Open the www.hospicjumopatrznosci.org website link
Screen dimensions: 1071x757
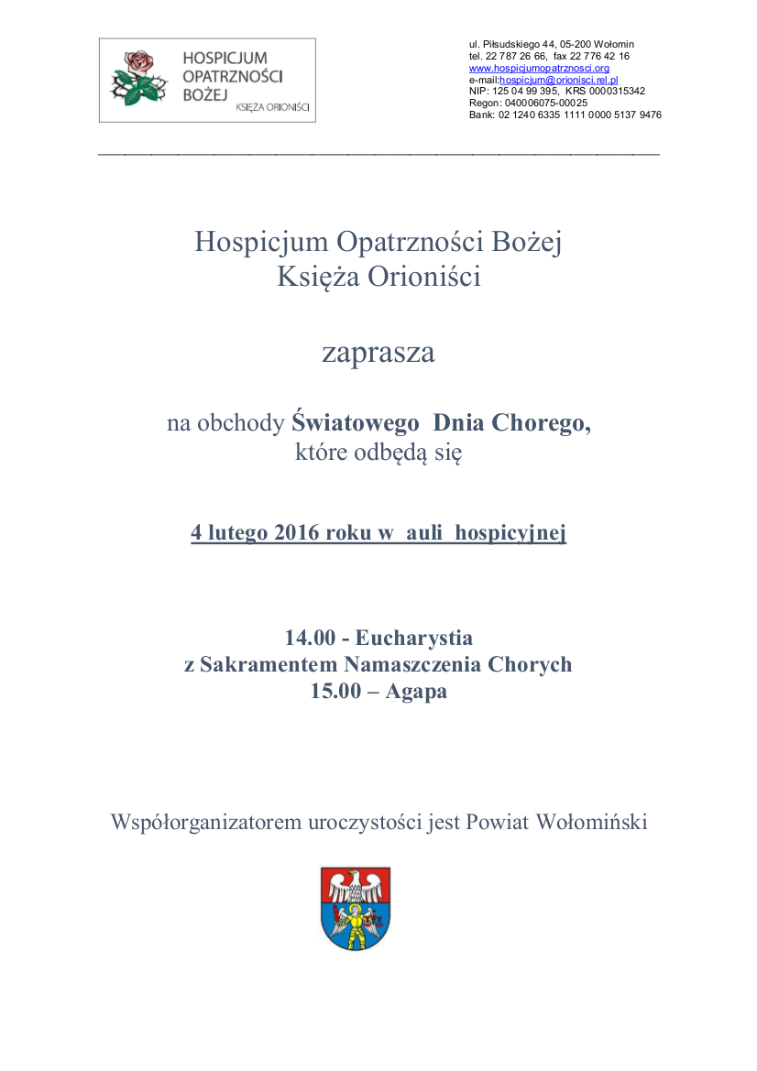pos(539,68)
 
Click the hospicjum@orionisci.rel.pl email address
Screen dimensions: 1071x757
pos(559,80)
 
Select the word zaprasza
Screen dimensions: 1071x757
pos(378,354)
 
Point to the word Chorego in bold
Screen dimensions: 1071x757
pos(540,423)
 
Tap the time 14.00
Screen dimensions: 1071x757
pos(310,637)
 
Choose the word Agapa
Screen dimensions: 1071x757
pos(416,692)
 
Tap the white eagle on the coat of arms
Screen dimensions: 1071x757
pos(356,886)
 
